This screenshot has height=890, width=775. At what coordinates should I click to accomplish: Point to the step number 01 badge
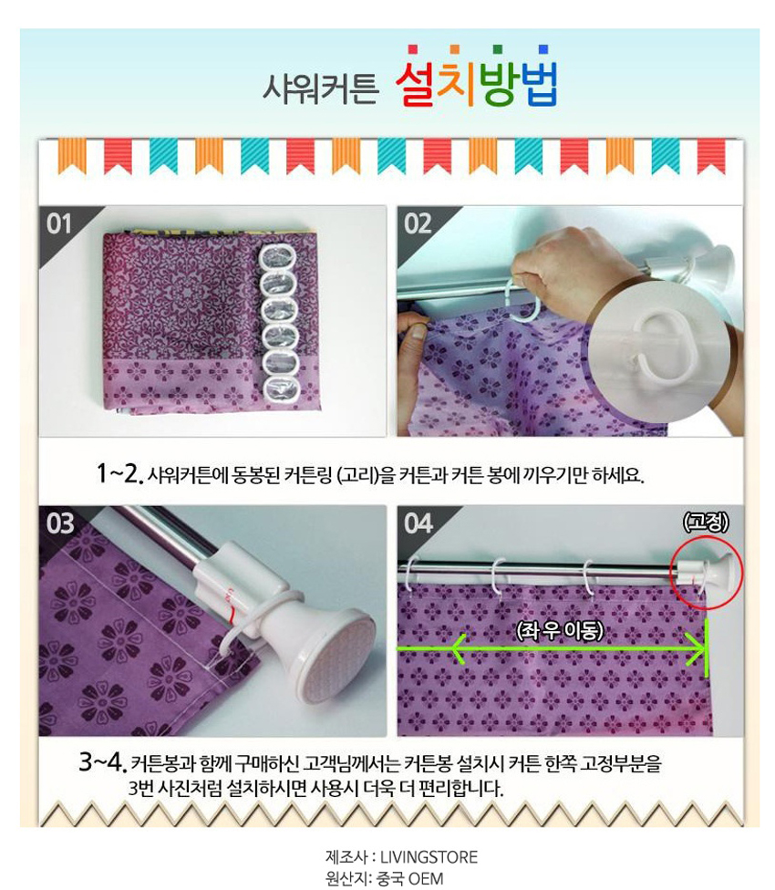click(59, 223)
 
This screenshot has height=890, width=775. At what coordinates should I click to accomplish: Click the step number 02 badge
click(418, 223)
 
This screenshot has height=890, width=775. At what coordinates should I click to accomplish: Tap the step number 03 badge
click(60, 523)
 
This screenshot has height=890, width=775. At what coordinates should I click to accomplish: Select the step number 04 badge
click(418, 523)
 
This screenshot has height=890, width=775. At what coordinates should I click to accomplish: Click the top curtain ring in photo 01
click(277, 256)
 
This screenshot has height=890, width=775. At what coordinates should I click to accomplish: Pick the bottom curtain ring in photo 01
click(282, 388)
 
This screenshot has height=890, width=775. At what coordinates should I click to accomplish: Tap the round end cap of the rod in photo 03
click(336, 655)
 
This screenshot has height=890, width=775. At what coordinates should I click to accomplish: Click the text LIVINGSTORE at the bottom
click(429, 856)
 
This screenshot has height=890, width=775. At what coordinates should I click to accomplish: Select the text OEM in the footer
click(426, 879)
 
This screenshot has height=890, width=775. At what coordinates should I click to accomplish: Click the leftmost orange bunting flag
click(72, 155)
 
